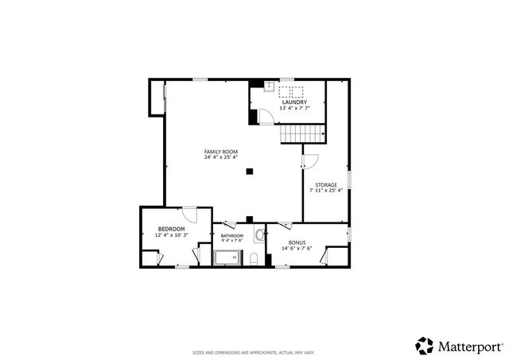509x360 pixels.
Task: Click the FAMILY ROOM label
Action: pos(220,151)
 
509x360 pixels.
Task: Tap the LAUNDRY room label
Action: pos(293,102)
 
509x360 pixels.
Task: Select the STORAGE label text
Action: pos(325,184)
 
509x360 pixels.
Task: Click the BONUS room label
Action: pos(297,242)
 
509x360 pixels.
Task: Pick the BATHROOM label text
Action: pos(232,235)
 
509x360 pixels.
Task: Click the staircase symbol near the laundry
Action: pos(292,134)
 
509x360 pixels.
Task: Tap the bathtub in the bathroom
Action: pos(229,257)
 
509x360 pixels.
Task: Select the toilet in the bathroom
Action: pos(254,258)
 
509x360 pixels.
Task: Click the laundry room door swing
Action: pos(268,117)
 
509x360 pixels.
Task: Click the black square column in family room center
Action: pos(250,169)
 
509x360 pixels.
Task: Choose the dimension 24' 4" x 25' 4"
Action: pos(220,157)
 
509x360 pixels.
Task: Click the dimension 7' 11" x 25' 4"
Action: pos(325,191)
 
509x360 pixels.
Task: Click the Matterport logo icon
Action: pos(424,345)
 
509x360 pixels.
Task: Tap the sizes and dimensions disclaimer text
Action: pos(254,351)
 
